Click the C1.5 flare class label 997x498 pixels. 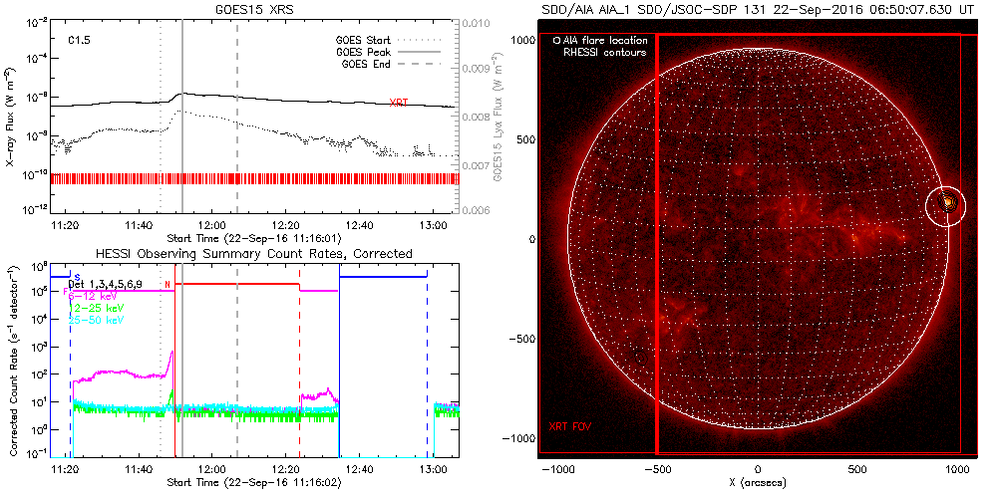point(80,41)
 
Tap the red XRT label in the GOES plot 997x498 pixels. point(399,102)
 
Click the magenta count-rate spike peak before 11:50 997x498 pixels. point(172,352)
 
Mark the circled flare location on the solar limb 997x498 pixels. point(946,204)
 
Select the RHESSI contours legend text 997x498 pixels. point(605,52)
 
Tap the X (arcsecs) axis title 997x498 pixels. point(758,482)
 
